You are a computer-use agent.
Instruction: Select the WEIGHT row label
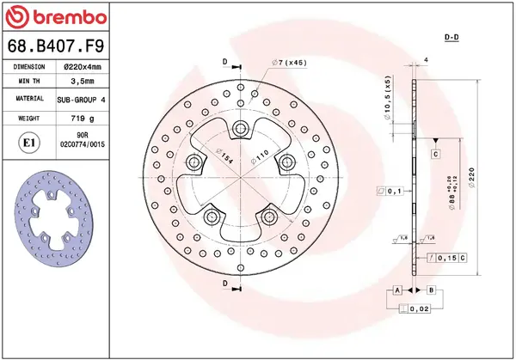[28, 118]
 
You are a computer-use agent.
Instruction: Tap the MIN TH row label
[28, 82]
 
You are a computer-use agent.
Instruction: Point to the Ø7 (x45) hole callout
[289, 63]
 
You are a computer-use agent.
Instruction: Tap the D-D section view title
[450, 39]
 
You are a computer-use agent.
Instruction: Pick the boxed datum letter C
[436, 154]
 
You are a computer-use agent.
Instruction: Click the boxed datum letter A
[397, 290]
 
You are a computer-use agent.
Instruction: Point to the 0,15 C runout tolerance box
[449, 258]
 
